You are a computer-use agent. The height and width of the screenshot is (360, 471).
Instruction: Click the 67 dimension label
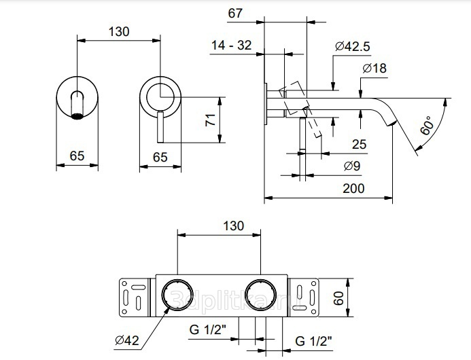[x=235, y=13]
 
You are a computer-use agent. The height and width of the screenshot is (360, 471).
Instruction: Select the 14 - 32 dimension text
[x=231, y=46]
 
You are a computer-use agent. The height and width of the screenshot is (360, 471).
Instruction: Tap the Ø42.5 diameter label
[x=353, y=47]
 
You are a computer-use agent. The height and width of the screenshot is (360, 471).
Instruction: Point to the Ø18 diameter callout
[x=374, y=68]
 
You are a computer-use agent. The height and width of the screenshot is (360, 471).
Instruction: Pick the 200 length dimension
[x=353, y=189]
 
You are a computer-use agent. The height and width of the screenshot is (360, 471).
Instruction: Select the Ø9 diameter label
[x=352, y=166]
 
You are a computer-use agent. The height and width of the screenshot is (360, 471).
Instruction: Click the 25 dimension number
[x=360, y=145]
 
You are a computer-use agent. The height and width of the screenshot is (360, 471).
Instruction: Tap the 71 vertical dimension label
[x=211, y=120]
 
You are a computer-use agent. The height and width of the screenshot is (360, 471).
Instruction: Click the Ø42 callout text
[x=127, y=340]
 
